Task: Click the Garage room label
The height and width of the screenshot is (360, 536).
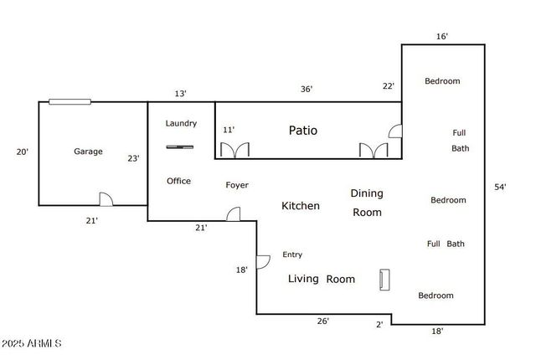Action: [88, 152]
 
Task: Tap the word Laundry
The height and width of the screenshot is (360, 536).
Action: [181, 124]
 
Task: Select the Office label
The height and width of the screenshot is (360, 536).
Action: [178, 181]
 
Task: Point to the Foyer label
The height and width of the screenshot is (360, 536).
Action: [237, 185]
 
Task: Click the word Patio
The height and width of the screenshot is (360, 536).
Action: [303, 131]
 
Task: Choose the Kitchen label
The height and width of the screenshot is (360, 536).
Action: [300, 206]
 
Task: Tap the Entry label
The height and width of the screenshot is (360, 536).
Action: [292, 255]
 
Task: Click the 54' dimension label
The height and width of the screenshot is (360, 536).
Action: [500, 188]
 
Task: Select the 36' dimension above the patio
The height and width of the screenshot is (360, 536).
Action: [307, 90]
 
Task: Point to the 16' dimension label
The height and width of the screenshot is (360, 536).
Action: [442, 36]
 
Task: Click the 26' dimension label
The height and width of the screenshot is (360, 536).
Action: [322, 321]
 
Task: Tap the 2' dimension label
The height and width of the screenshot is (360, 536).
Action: [379, 324]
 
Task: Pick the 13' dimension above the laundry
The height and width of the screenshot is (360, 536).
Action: [180, 94]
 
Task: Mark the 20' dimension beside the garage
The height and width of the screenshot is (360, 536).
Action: [23, 152]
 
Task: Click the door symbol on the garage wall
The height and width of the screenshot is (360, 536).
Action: [106, 199]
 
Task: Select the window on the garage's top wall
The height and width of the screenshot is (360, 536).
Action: [70, 102]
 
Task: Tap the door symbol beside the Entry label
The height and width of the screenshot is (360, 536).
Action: [262, 261]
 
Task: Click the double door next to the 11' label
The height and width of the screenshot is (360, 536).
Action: [234, 150]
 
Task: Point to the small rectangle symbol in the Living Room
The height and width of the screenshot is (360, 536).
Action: [384, 280]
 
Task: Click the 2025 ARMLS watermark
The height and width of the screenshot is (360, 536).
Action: [32, 344]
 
